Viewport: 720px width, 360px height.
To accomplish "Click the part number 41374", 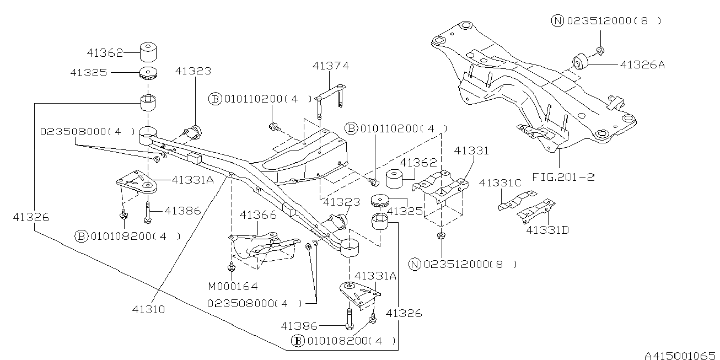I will tap(330, 66).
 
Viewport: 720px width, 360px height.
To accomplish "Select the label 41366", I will tap(257, 215).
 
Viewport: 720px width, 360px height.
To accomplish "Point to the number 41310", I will tap(148, 309).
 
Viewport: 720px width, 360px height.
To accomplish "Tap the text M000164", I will tap(233, 286).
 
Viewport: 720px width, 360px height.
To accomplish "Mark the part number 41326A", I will tap(642, 65).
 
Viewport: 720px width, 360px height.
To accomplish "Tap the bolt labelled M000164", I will tap(232, 267).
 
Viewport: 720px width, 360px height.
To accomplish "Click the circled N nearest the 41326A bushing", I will tap(557, 21).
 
